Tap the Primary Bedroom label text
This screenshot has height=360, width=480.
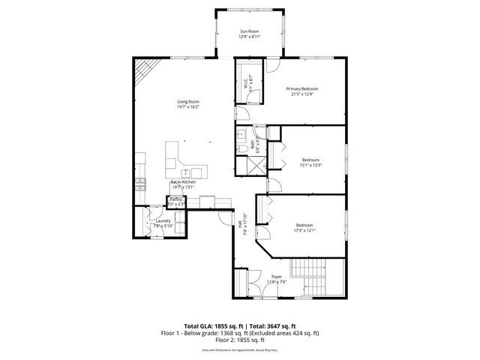click(304, 88)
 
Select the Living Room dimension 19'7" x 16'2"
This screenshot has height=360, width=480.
click(187, 107)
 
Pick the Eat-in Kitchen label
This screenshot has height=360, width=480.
click(183, 181)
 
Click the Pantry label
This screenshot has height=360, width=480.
click(175, 199)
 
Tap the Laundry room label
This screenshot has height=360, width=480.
click(163, 220)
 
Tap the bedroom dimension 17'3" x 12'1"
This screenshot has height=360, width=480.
click(304, 230)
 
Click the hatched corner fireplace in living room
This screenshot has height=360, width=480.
click(144, 73)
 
